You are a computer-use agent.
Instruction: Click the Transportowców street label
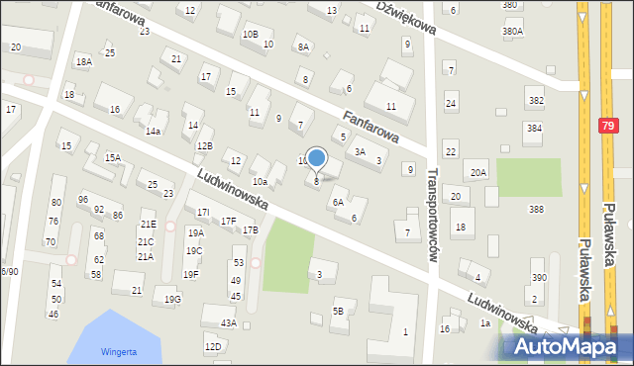432,214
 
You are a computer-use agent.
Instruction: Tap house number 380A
512,32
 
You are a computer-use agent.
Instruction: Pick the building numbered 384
534,129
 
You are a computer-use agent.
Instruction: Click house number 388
536,209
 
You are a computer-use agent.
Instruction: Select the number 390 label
539,278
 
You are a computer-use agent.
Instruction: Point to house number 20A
478,173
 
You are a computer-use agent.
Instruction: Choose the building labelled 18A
84,62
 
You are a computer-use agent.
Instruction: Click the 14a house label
153,131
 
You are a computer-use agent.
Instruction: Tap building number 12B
204,146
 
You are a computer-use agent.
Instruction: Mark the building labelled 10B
250,35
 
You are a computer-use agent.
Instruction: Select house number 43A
228,322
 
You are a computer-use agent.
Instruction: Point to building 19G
172,299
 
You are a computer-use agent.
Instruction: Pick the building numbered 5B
338,312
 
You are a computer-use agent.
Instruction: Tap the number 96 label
82,199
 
